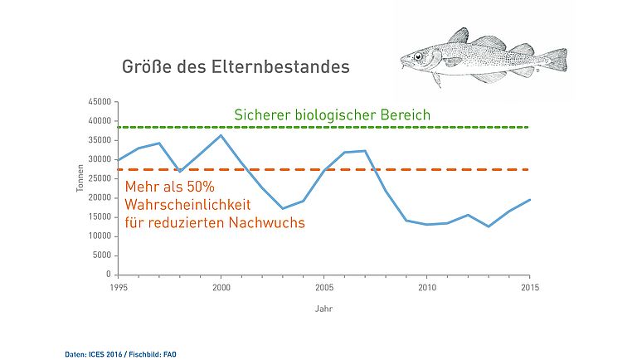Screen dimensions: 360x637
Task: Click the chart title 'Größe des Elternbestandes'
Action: [x=236, y=67]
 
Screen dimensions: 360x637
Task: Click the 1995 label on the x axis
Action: [x=118, y=287]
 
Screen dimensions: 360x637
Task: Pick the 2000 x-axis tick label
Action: [x=221, y=287]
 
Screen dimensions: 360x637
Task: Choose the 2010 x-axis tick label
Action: [x=427, y=287]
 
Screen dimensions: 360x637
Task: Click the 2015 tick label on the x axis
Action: [x=530, y=287]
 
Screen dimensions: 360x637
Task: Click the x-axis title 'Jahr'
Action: [x=324, y=309]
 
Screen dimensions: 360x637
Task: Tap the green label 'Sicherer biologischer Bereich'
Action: [x=332, y=114]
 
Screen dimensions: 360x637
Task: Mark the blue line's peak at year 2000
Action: [x=221, y=135]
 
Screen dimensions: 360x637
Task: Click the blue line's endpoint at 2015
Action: [x=530, y=200]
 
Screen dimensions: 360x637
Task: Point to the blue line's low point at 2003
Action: [x=283, y=208]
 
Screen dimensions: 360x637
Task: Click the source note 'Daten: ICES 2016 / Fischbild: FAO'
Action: [x=121, y=353]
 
